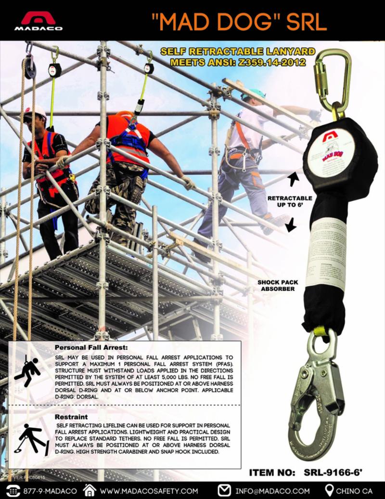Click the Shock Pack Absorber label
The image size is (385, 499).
pos(277,285)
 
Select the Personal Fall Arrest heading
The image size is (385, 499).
pos(91,347)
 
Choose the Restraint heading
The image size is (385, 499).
pos(71,416)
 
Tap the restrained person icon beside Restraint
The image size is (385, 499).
pos(33,439)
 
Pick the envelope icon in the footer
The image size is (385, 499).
pos(224,490)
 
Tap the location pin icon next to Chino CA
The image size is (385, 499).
pos(330,490)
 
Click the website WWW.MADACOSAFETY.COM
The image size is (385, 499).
pos(149,491)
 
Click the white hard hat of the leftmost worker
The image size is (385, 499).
pos(35,111)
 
